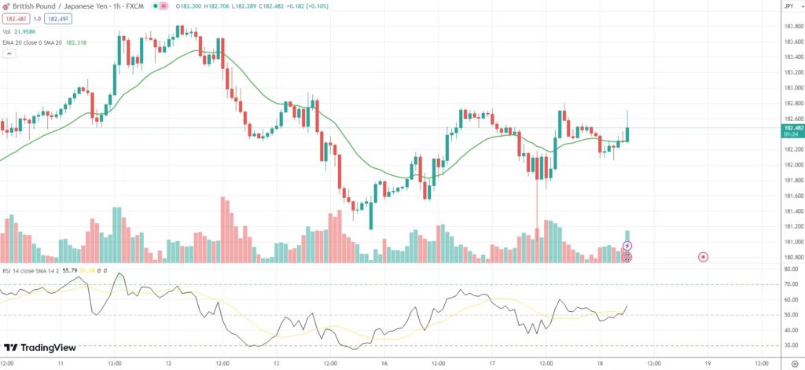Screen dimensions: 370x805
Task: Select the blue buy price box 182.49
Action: point(57,18)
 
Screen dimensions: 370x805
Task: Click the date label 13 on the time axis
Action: point(277,364)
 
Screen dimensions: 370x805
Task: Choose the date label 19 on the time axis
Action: point(708,364)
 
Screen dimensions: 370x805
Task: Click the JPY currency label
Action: point(788,6)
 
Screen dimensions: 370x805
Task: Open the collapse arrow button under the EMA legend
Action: point(9,54)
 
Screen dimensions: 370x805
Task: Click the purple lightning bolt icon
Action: point(627,246)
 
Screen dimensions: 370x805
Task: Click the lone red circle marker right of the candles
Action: point(703,257)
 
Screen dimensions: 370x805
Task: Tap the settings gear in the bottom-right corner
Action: point(794,364)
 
